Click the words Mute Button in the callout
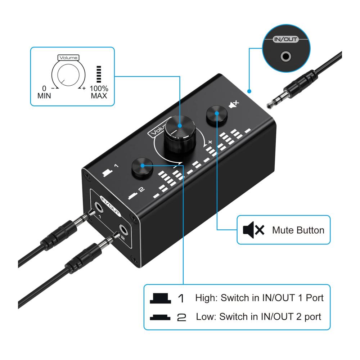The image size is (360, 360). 298,230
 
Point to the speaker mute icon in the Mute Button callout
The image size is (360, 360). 253,230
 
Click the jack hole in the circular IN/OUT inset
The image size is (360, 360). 286,56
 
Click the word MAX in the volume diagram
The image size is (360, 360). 99,96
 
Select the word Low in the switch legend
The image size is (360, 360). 204,317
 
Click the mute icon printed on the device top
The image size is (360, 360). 234,105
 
